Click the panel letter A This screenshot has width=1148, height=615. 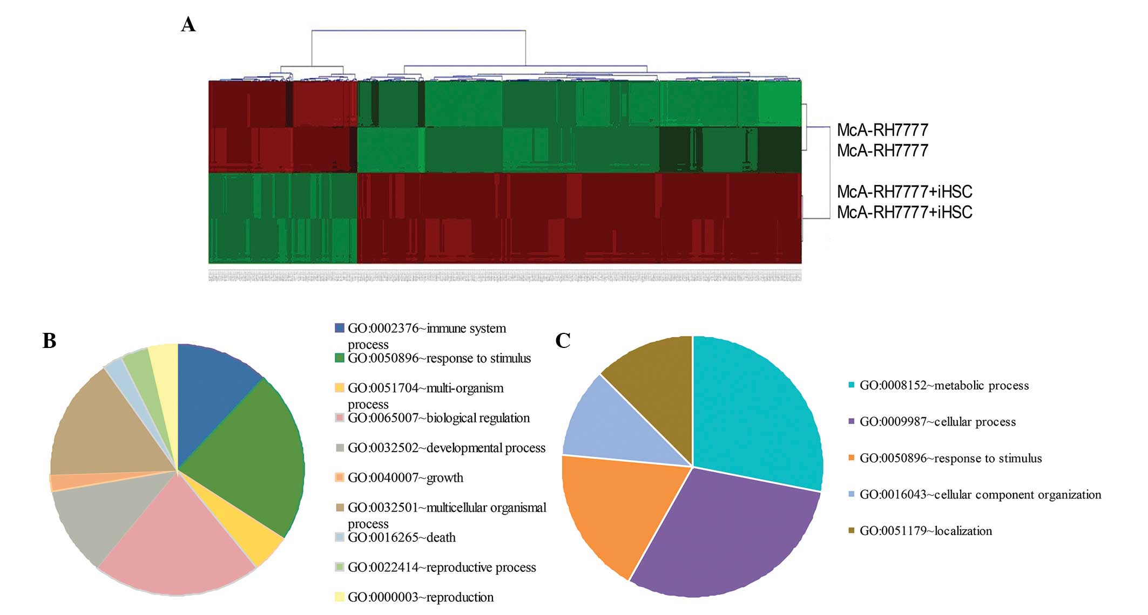(x=188, y=24)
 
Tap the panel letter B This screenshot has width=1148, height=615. (x=49, y=340)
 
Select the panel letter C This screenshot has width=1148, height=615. (x=563, y=340)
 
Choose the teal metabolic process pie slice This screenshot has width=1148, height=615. (x=756, y=410)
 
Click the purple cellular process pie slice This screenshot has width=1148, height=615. (x=724, y=534)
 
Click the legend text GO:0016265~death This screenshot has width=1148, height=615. (x=401, y=537)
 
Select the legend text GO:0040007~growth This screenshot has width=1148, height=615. (x=405, y=477)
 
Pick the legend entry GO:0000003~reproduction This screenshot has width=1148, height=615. (x=420, y=597)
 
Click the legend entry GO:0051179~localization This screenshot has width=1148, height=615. (x=926, y=531)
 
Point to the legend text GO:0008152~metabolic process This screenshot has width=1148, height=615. (x=944, y=385)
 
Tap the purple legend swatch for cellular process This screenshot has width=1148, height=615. (x=852, y=421)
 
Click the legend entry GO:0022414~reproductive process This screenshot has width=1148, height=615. (x=441, y=567)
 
